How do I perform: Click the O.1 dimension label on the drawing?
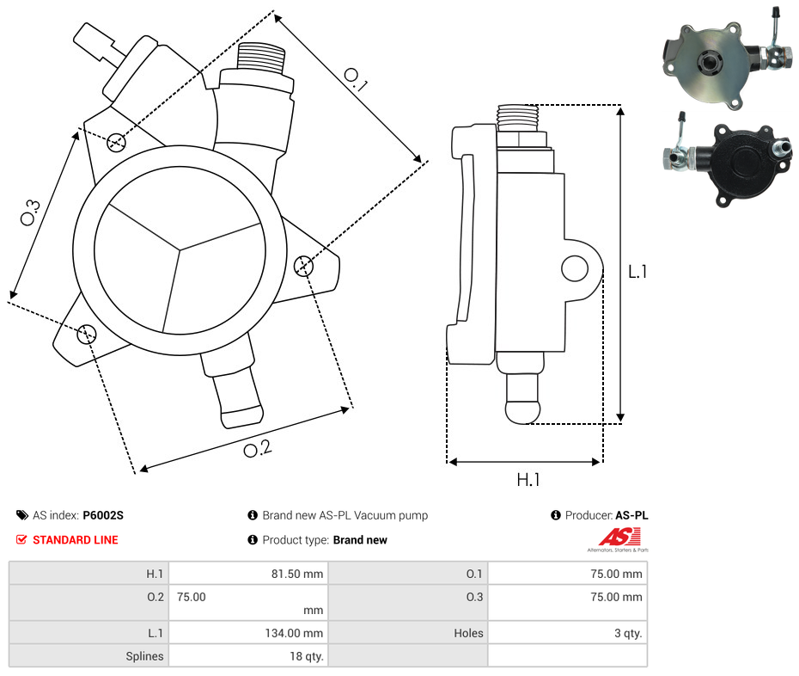point(355,80)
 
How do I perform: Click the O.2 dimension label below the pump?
point(258,448)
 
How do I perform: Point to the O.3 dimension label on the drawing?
point(30,212)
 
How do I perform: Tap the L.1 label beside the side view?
point(637,272)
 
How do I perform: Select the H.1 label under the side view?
point(528,480)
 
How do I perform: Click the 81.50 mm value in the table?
point(297,574)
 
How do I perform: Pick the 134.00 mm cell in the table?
point(294,633)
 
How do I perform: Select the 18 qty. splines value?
point(307,656)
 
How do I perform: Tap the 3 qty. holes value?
point(628,633)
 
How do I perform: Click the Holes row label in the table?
point(468,633)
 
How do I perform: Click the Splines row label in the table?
point(144,656)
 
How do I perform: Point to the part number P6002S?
point(103,515)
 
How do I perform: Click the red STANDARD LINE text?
point(76,540)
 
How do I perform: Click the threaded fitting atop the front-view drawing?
point(261,57)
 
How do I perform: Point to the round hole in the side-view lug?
point(575,268)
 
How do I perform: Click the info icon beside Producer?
point(556,515)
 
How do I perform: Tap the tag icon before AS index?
point(22,515)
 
